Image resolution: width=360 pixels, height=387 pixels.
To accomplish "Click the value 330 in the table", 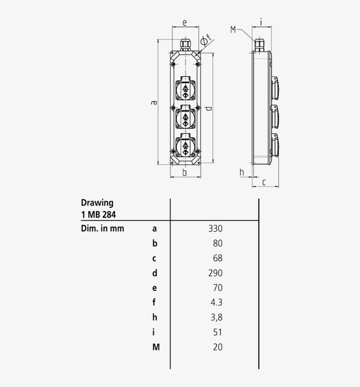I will coord(216,228).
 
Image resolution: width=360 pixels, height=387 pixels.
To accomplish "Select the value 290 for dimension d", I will coord(216,273).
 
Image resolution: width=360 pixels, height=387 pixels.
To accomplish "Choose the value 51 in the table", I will coord(218,332).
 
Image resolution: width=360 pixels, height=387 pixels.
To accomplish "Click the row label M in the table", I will coord(156,347).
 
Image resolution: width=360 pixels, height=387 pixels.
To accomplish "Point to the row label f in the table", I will coord(154,302).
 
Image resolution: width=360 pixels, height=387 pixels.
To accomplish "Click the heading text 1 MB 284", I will coord(98,214).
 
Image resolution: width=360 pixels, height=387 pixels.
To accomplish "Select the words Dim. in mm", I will coord(102,228).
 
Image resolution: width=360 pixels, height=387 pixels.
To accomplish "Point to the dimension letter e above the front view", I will coord(184,22).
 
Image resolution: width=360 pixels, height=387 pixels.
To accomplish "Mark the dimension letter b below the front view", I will coord(185,173).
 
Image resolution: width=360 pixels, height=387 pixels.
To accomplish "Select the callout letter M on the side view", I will coord(233,29).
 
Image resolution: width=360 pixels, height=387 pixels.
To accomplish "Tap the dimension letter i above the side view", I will coord(261,22).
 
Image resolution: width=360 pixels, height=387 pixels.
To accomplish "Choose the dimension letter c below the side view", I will coord(264,182).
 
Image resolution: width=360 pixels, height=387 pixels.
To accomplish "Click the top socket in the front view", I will coord(185,90).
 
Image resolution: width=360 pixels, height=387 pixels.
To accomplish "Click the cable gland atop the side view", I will coord(259,44).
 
